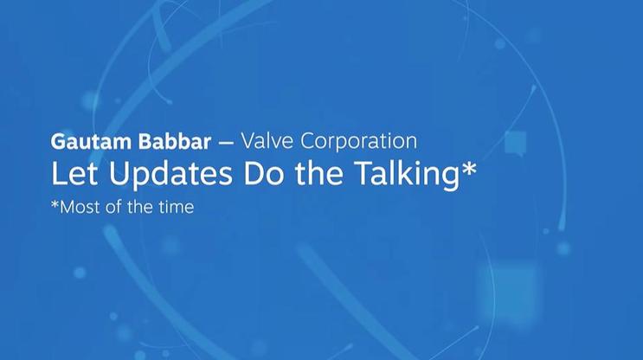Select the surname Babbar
(175, 141)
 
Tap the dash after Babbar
(226, 143)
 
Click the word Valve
(267, 141)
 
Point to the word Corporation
(359, 141)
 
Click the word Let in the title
(74, 172)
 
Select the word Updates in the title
(170, 174)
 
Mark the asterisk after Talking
(469, 169)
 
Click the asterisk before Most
(55, 203)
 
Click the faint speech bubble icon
(515, 143)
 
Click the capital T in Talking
(364, 172)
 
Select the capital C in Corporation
(309, 141)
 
